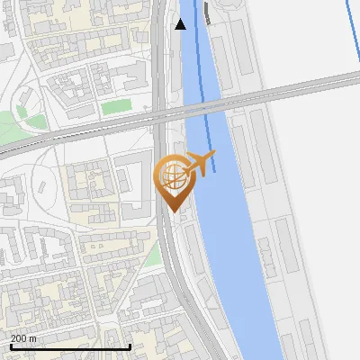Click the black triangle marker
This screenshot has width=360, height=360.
click(x=181, y=24)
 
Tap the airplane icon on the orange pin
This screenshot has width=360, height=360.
click(x=200, y=164)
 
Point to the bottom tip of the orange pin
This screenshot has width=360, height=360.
click(x=172, y=211)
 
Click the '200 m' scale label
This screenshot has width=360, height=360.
click(x=23, y=337)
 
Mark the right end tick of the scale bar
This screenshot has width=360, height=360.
click(x=131, y=345)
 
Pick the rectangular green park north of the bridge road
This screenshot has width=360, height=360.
click(x=116, y=107)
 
